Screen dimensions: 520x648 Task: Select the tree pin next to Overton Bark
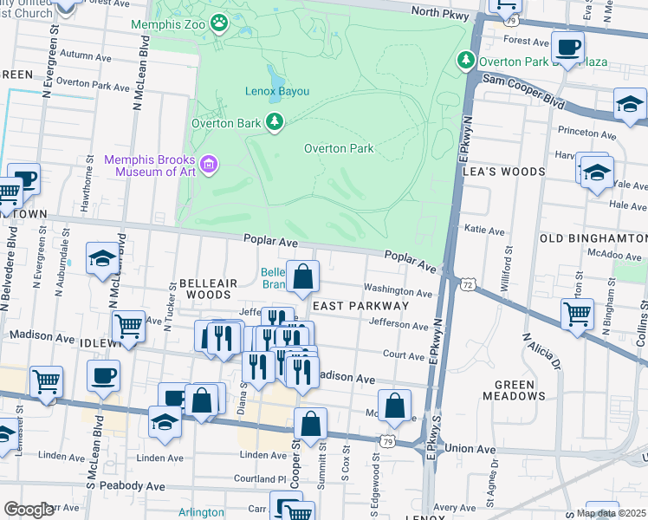click(x=275, y=122)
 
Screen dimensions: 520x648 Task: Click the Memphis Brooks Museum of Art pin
click(x=208, y=164)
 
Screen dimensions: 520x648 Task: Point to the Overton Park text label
click(x=339, y=148)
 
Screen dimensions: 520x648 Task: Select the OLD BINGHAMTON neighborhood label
click(x=593, y=237)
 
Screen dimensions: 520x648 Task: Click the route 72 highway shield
click(x=468, y=284)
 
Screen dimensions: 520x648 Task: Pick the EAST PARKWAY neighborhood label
click(x=360, y=306)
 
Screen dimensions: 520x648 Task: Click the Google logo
click(x=28, y=510)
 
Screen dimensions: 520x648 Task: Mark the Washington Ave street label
click(x=398, y=289)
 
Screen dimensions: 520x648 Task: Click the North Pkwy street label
click(x=440, y=11)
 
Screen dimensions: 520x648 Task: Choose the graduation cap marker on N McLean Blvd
click(x=101, y=258)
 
